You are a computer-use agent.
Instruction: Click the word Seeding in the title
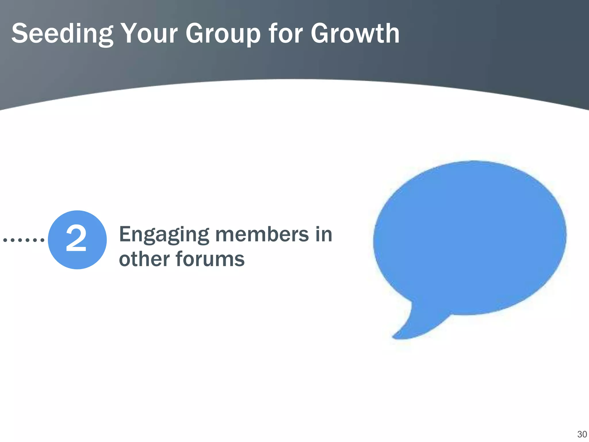tap(62, 34)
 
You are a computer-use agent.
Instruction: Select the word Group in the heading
tap(223, 34)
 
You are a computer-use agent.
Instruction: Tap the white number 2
tap(76, 238)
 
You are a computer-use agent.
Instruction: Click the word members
tap(262, 234)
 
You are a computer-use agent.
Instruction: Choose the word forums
tap(210, 259)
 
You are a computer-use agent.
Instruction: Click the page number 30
tap(582, 434)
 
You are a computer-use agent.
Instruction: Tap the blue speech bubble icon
tap(470, 239)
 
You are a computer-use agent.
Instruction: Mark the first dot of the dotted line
tap(5, 240)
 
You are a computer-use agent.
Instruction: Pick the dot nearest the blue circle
tap(42, 240)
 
